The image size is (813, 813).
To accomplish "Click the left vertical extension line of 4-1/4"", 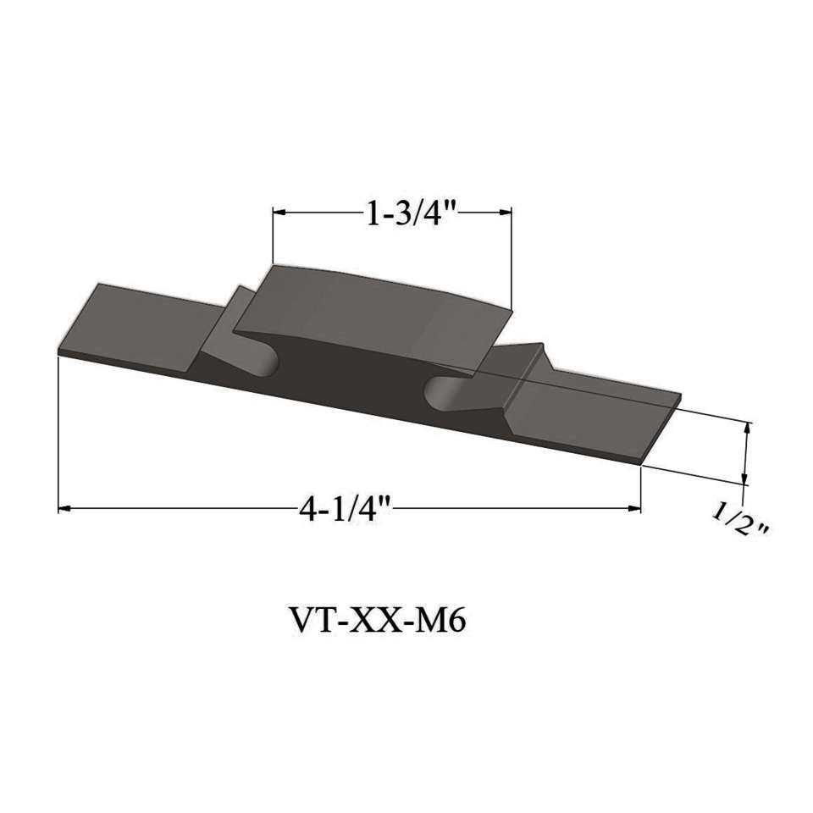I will click(x=58, y=432).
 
